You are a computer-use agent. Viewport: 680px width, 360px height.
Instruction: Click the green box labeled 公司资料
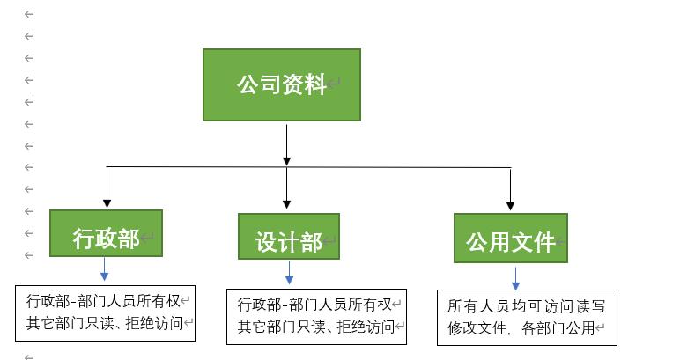click(281, 84)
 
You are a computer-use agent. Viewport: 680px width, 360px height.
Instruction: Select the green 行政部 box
click(106, 233)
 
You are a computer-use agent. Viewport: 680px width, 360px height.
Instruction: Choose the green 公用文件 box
click(510, 238)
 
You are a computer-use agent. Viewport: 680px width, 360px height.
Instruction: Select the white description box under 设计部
click(315, 316)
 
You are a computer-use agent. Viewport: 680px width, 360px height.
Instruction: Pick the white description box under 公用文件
click(527, 318)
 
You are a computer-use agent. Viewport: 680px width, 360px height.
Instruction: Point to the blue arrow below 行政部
click(104, 269)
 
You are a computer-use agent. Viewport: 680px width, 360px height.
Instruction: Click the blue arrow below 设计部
click(289, 273)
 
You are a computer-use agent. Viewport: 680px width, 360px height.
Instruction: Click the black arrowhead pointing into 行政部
click(107, 202)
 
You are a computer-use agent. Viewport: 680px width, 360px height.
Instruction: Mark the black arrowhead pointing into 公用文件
click(511, 205)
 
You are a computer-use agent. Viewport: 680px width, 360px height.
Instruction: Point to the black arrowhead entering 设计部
click(287, 204)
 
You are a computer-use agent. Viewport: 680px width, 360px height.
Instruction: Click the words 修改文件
click(475, 329)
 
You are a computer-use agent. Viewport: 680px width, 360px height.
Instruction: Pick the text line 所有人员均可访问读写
click(527, 306)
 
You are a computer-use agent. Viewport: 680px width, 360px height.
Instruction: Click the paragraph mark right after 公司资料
click(334, 85)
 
